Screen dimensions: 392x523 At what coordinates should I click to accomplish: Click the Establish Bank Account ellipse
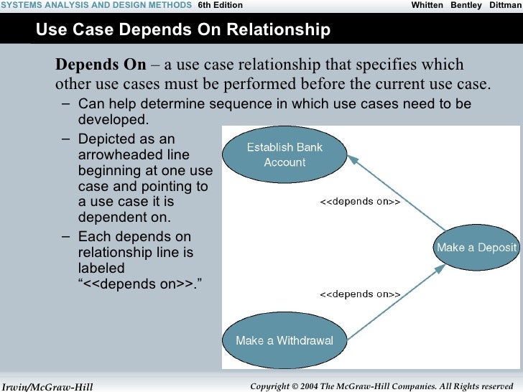[x=284, y=155]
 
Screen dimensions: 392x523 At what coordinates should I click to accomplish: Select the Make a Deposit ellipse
[x=476, y=248]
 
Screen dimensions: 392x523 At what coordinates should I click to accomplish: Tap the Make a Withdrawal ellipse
[x=284, y=340]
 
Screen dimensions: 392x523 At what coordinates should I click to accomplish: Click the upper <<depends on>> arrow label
[x=359, y=202]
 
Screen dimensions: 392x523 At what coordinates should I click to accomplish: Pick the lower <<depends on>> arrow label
[x=359, y=294]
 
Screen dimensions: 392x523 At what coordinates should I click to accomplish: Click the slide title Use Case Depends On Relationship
[x=182, y=30]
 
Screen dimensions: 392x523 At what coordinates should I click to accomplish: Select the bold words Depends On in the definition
[x=101, y=65]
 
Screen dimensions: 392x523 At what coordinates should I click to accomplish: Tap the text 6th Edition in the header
[x=220, y=5]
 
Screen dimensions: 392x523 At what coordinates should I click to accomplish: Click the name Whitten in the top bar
[x=427, y=5]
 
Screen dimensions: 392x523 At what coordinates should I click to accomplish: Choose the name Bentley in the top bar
[x=466, y=5]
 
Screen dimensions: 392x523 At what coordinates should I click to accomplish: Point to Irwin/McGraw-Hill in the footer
[x=47, y=387]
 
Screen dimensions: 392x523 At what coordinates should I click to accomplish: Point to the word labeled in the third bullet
[x=101, y=269]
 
